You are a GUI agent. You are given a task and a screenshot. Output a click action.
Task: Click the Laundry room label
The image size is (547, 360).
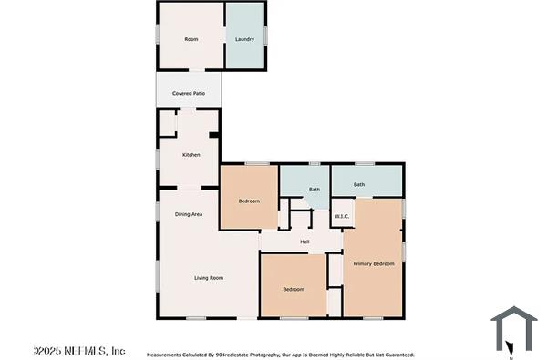coord(244,39)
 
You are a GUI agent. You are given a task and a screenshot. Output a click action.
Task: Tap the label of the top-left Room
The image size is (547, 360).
coord(191,39)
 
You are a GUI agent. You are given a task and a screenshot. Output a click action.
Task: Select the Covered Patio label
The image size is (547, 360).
coord(188,94)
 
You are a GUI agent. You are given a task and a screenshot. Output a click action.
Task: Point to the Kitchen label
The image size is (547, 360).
coord(191,155)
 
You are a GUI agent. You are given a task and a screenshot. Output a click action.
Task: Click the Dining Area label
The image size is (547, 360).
coord(189,214)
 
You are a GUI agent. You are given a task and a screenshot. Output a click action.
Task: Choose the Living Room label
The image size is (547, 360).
coord(209,278)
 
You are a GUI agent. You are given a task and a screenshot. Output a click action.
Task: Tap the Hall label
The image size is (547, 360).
coord(305,242)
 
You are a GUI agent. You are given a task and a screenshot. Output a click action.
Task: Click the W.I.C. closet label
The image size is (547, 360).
coord(342,216)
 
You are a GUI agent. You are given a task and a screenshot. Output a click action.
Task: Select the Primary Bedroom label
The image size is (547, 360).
coord(374,263)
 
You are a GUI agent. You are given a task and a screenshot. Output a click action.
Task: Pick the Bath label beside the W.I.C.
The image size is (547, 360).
coord(314,190)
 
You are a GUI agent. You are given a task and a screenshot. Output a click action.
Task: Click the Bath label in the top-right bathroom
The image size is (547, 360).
coord(359,184)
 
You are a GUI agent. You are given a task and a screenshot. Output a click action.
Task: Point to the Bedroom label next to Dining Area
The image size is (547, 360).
coord(249,201)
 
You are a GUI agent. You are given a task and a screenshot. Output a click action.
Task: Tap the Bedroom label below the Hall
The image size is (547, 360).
coord(293,289)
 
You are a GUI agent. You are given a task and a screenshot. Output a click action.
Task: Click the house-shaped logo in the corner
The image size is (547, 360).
coord(514,329)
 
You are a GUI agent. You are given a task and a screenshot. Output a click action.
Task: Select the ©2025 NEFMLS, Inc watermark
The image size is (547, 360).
coord(79,351)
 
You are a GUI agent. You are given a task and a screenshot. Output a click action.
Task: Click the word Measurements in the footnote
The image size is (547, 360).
coord(165,355)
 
